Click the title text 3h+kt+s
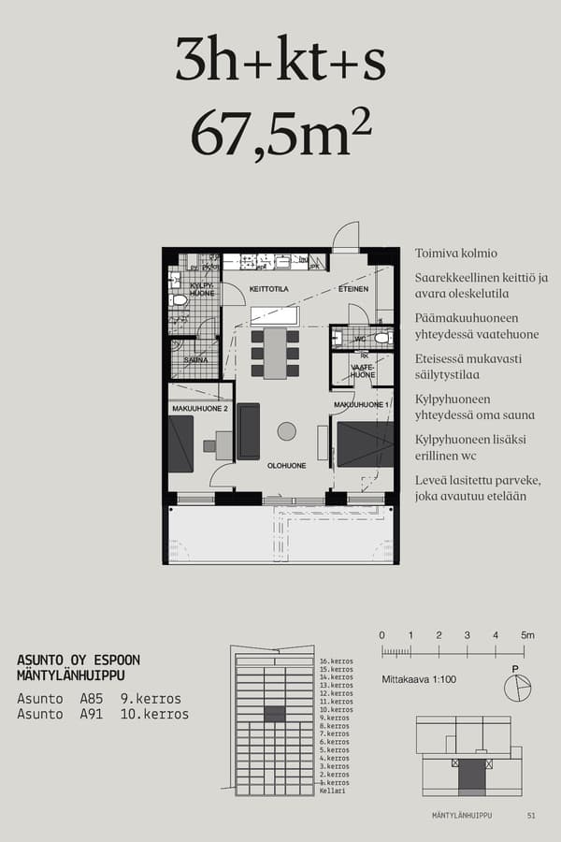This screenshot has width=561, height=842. coord(280,63)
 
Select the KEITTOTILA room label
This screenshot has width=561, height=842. coord(268,290)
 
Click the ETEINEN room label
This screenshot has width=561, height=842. coord(353,290)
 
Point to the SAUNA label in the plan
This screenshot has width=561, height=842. coord(195,359)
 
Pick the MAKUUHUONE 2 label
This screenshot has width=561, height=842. coord(200,409)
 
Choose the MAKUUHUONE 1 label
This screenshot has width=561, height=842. coord(361,404)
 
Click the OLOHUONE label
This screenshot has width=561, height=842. coord(288,465)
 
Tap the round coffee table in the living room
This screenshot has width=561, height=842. coord(286,431)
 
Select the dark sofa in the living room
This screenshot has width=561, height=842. coord(249,431)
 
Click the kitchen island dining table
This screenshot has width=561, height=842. coord(275,353)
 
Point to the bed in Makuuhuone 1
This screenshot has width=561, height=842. coord(365,443)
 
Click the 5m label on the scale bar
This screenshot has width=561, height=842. coord(527,635)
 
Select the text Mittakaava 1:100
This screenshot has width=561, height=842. coord(419,679)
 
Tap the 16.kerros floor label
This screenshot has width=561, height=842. coord(336,661)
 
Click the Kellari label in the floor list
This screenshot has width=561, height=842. coord(332,791)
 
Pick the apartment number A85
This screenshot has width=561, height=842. coord(91,699)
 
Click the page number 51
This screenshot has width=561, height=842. coord(531,816)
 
